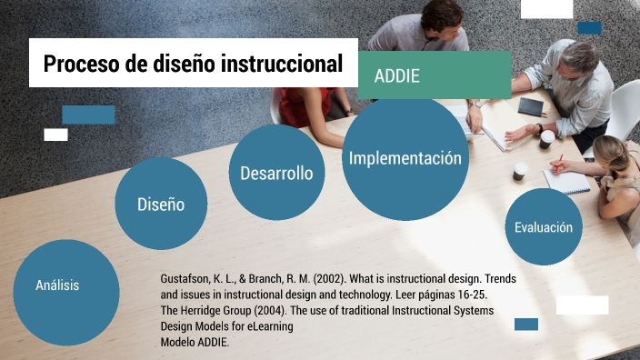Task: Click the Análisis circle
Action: [x=57, y=285]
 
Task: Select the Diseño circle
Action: [x=161, y=205]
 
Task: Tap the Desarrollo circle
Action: [x=276, y=173]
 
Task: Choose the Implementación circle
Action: [x=405, y=158]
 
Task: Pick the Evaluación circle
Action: [x=543, y=227]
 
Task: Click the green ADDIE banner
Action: [x=435, y=75]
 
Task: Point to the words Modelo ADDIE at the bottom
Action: [x=195, y=342]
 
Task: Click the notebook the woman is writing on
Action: [x=565, y=181]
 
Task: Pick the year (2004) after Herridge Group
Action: [x=272, y=310]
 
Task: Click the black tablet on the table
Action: [x=531, y=107]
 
